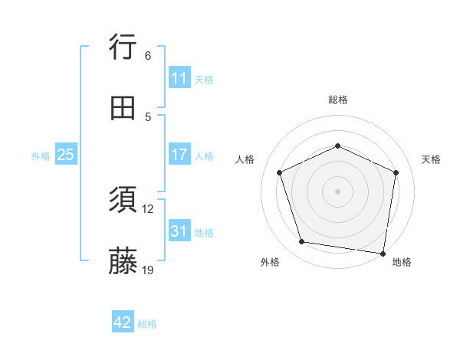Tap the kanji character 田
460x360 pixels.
pos(123,109)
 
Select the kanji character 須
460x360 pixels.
pos(123,201)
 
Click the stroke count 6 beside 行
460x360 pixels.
pos(148,55)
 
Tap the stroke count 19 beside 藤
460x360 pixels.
pos(148,270)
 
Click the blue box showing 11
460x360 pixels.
pos(179,78)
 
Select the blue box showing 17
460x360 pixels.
pos(179,155)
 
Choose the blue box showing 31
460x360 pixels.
pos(179,231)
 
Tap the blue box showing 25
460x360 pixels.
pos(66,155)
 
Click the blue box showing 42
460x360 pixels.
pos(123,322)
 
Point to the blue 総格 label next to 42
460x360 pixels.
pos(147,324)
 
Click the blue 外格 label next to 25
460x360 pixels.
pos(41,156)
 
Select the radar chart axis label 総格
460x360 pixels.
pos(338,100)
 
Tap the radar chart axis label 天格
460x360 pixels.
pos(432,159)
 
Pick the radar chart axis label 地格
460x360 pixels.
pos(402,262)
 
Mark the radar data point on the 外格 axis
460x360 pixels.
pos(302,242)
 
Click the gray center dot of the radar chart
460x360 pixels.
pos(338,191)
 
